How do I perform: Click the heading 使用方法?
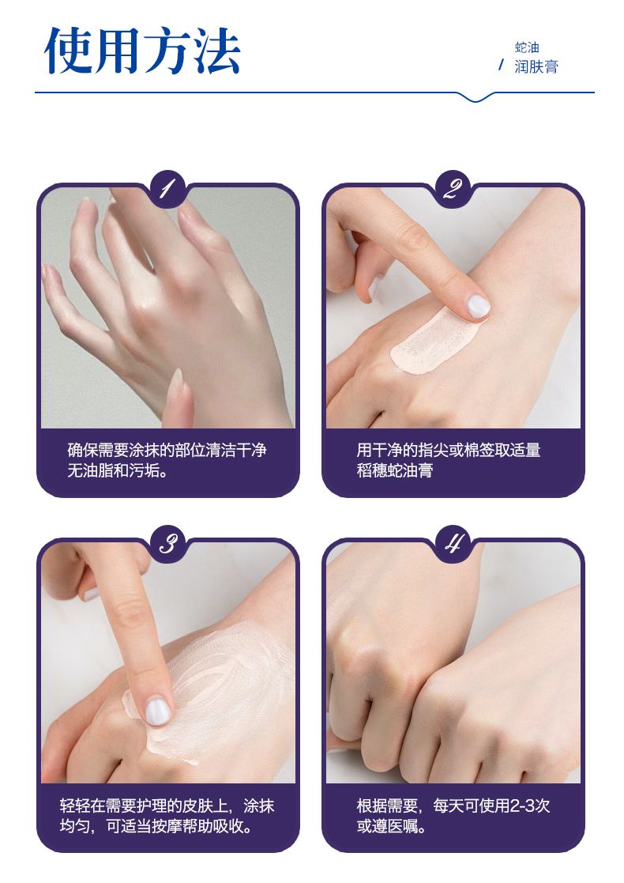point(142,51)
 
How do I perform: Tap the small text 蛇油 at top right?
point(527,47)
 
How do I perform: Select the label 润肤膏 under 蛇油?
point(536,67)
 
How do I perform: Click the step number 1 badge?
point(167,189)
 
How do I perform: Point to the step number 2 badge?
point(453,189)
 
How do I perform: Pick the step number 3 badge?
point(167,544)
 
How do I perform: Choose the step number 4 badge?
point(453,544)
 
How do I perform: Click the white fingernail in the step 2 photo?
point(479,306)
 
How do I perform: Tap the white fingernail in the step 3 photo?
point(157,711)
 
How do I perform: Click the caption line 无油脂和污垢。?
point(118,470)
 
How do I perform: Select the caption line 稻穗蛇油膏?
point(394,470)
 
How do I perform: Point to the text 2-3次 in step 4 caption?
point(529,806)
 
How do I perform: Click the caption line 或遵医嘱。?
point(391,826)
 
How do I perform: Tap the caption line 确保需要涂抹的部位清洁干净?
point(167,450)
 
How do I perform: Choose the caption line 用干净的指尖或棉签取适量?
point(449,450)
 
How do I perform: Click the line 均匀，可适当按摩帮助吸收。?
point(156,826)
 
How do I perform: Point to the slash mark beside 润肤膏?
point(501,66)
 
